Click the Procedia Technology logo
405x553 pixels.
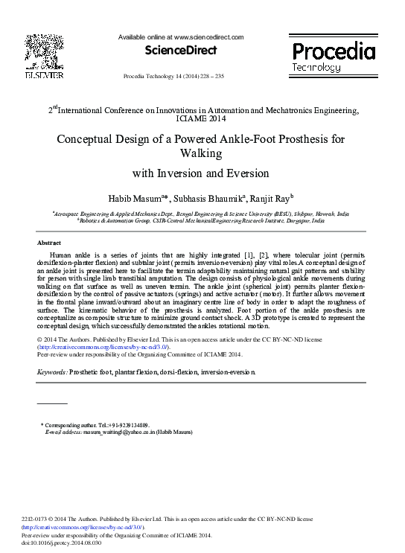(x=333, y=57)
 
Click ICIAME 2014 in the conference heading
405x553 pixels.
(x=203, y=118)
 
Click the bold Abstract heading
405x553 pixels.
(x=50, y=243)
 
